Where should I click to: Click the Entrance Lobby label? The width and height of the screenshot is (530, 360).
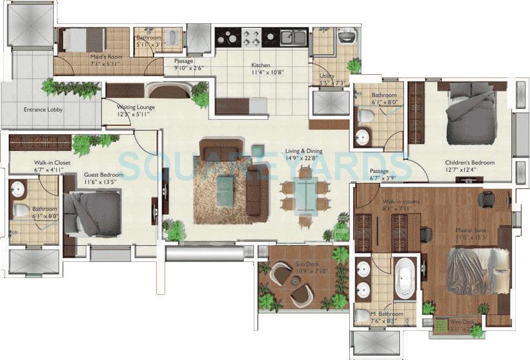click(43, 110)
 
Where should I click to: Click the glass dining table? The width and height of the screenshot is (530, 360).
click(305, 194)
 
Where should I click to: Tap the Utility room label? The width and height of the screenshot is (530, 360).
click(327, 79)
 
